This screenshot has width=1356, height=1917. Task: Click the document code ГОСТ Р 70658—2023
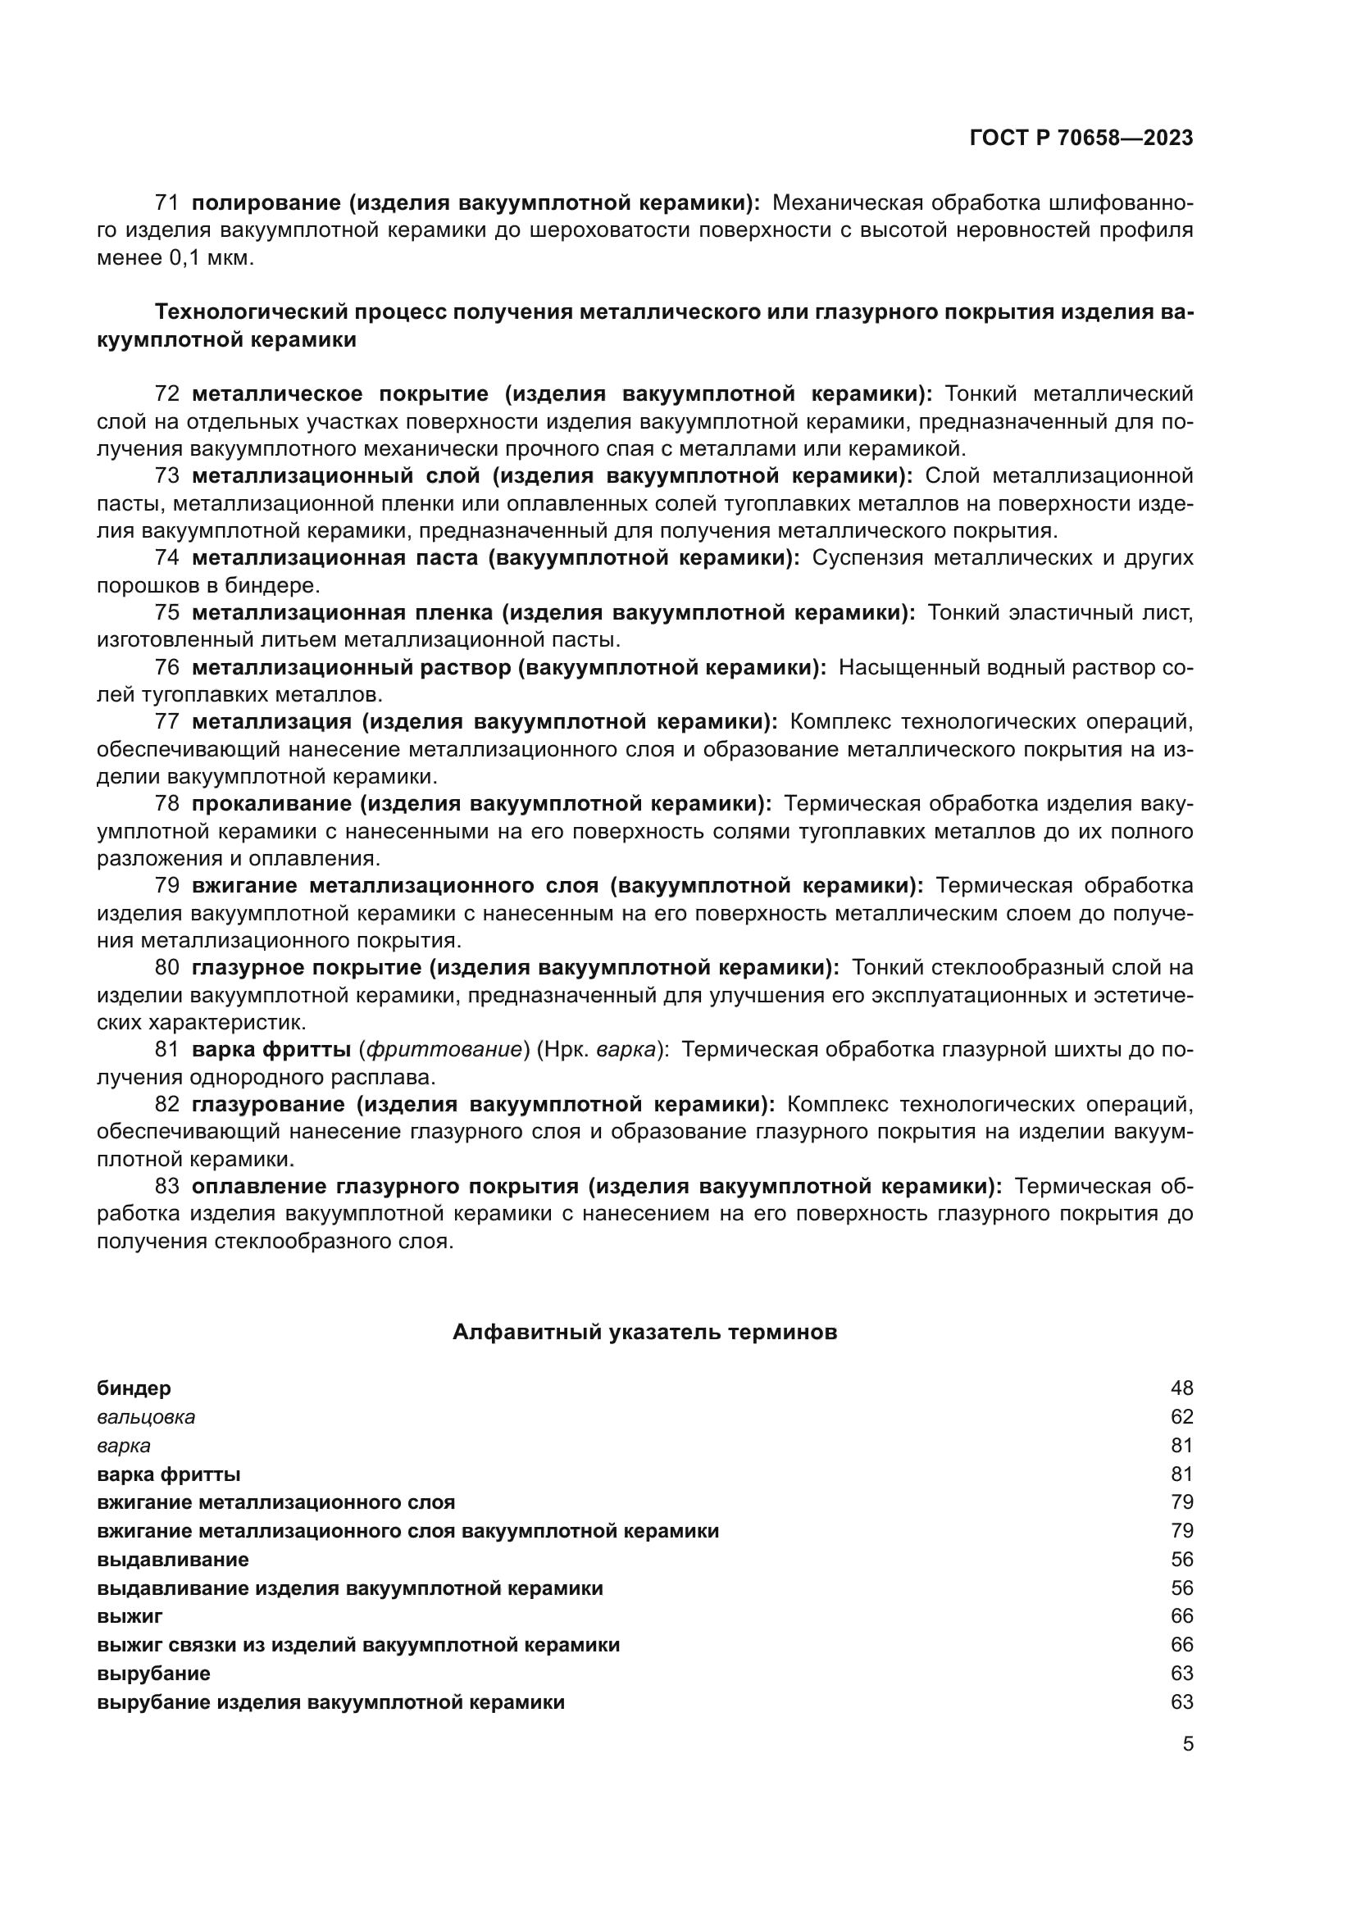[x=1081, y=139]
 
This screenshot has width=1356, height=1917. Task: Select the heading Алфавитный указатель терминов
[x=644, y=1332]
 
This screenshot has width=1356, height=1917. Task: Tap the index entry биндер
[x=134, y=1388]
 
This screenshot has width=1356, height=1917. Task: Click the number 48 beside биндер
[x=1181, y=1388]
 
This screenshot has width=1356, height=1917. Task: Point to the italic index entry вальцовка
[x=145, y=1417]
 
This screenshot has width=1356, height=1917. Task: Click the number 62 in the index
[x=1181, y=1417]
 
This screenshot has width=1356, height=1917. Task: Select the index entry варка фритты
[x=169, y=1474]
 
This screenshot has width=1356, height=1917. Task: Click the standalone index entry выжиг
[x=130, y=1616]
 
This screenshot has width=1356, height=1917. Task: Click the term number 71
[x=167, y=203]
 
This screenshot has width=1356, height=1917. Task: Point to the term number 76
[x=167, y=668]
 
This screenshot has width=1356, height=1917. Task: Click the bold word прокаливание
[x=273, y=804]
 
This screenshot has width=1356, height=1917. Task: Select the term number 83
[x=167, y=1187]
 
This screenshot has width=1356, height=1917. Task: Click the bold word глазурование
[x=268, y=1105]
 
